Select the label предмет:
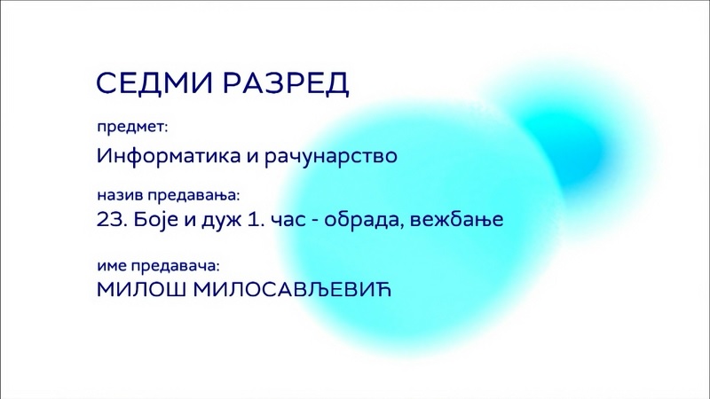point(132,127)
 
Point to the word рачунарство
point(330,157)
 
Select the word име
point(112,266)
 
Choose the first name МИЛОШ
point(141,290)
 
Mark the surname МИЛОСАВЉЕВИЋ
point(293,290)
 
